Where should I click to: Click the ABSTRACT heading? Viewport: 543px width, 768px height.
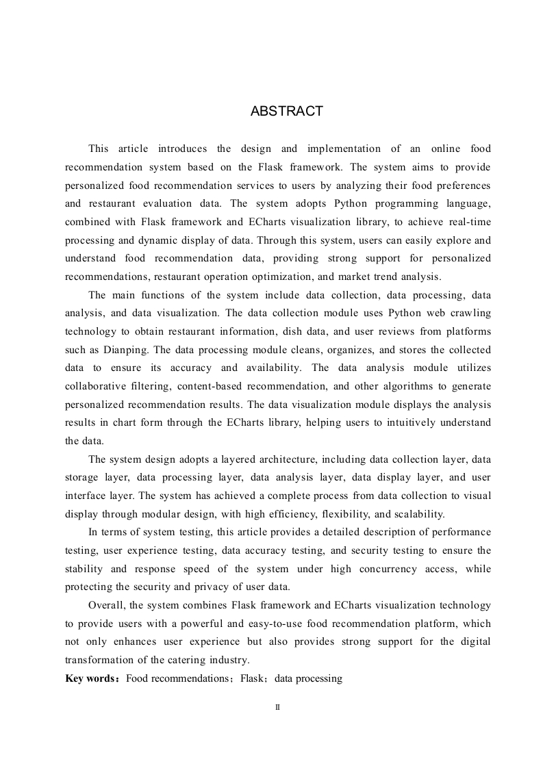(286, 112)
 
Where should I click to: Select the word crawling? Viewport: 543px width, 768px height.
(468, 312)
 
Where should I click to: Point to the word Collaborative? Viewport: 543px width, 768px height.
(99, 386)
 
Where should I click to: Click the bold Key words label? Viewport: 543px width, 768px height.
(92, 678)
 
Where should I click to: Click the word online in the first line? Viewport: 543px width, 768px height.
(446, 149)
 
